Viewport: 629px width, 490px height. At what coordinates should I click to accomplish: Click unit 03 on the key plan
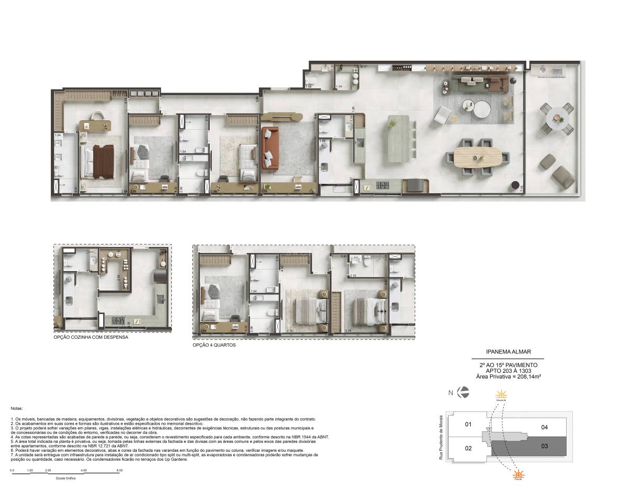point(544,446)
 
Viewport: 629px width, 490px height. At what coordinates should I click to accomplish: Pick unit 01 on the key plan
point(469,424)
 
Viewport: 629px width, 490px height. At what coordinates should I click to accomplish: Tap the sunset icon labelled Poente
point(518,475)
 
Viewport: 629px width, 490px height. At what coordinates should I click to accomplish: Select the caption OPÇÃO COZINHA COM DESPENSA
point(91,338)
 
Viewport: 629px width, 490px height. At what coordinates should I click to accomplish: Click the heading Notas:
point(17,408)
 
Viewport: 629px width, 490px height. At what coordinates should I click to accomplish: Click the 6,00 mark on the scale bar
point(120,471)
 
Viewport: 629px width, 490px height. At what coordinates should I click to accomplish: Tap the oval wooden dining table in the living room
point(478,157)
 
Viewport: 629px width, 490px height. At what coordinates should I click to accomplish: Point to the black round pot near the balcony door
point(516,185)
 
